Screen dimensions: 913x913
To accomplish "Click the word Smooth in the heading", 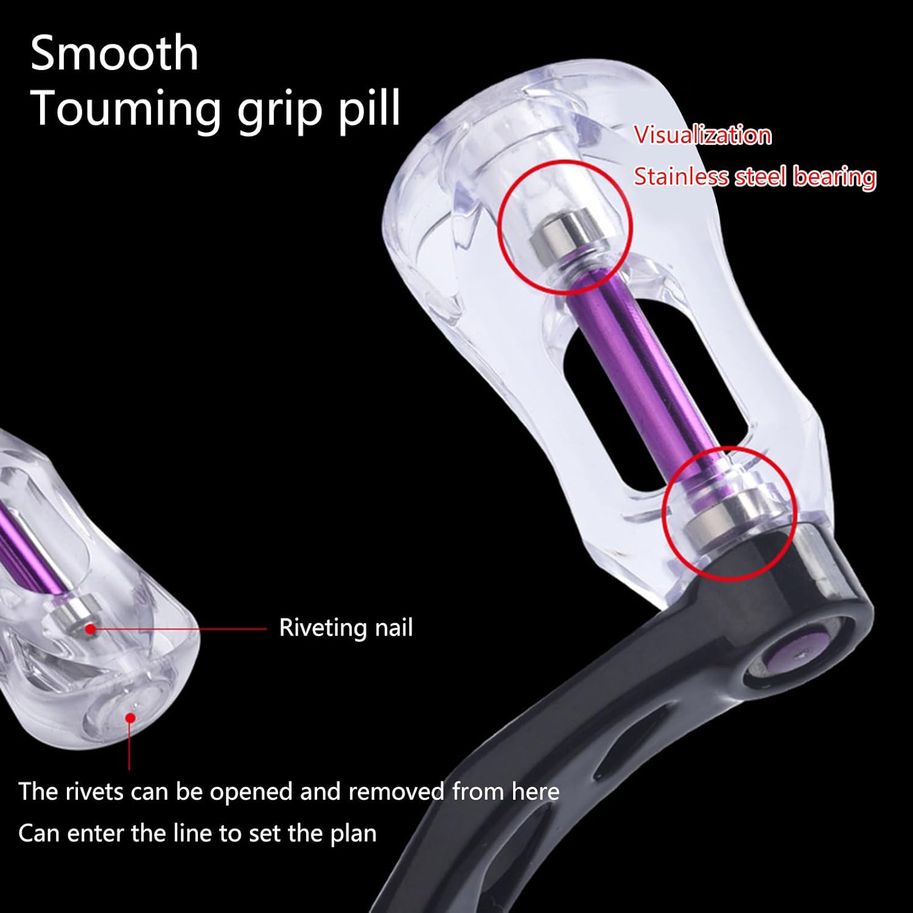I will tap(114, 54).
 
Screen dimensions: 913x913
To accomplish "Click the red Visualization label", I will tap(702, 135).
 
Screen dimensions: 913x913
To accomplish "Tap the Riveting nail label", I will tap(346, 628).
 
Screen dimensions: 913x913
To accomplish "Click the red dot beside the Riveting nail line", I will tap(90, 628).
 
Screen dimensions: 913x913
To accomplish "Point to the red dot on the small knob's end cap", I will tap(129, 718).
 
